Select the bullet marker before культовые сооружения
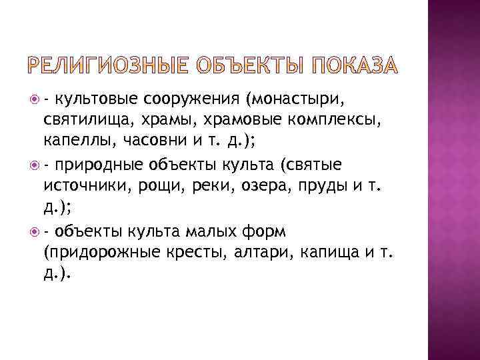pos(35,100)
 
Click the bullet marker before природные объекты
pos(35,165)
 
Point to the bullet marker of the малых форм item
pos(35,231)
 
